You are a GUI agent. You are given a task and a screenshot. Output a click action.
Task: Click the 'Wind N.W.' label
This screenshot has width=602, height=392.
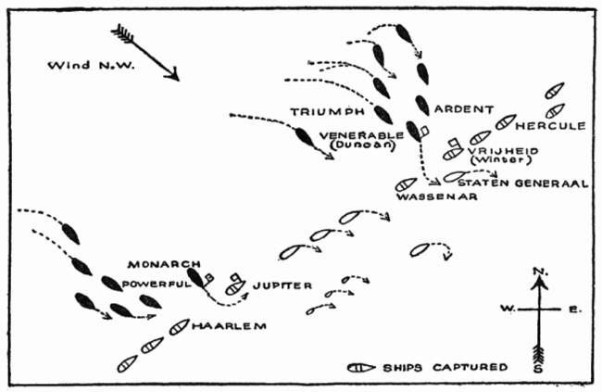[x=92, y=65]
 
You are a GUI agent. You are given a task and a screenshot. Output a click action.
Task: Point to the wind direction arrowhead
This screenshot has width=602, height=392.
[x=173, y=74]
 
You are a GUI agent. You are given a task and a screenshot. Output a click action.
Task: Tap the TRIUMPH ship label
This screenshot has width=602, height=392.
[x=328, y=112]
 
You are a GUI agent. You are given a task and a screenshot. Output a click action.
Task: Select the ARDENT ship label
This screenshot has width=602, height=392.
[x=464, y=109]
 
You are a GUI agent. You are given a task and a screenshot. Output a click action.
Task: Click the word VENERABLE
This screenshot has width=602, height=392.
[x=361, y=135]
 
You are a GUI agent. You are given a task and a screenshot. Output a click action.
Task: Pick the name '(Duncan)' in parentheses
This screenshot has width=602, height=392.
[x=363, y=145]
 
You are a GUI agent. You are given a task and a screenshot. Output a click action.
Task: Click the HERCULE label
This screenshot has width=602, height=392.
[x=550, y=126]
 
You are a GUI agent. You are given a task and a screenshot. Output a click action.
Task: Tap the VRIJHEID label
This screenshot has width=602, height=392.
[x=503, y=151]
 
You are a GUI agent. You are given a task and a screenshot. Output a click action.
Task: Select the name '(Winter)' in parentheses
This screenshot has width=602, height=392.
[x=501, y=159]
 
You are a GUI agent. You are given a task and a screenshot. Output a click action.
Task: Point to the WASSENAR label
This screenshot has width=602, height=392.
[x=437, y=197]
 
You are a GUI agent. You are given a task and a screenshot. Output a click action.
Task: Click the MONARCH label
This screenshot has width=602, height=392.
[x=164, y=264]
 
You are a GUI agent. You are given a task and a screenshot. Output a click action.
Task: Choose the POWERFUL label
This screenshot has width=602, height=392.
[x=157, y=285]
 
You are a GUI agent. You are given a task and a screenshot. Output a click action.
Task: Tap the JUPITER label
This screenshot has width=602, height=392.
[x=282, y=285]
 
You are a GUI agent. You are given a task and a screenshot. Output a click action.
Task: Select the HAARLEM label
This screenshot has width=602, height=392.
[x=229, y=326]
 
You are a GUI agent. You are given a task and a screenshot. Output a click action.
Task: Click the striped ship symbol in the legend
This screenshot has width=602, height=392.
[x=361, y=368]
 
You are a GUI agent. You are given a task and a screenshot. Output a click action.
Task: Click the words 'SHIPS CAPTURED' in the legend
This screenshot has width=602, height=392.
[x=445, y=367]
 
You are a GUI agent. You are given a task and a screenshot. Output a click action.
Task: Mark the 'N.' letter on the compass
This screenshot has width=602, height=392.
[x=541, y=272]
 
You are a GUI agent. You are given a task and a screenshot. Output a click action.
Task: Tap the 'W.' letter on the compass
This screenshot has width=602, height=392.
[x=508, y=309]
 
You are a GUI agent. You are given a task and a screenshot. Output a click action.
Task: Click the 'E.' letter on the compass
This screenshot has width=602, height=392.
[x=575, y=309]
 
